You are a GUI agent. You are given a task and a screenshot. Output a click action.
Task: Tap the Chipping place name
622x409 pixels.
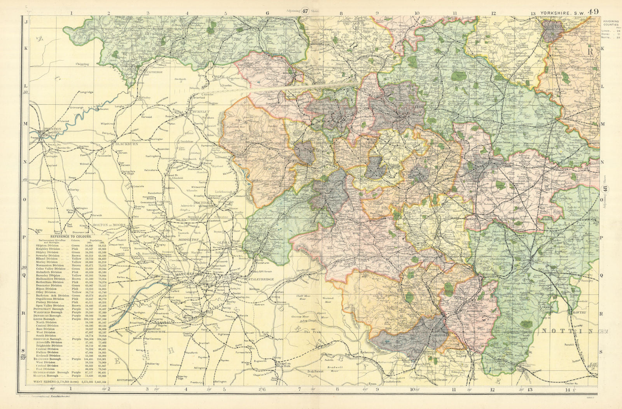point(82,64)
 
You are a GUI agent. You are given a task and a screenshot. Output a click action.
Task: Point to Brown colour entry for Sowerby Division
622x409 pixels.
point(76,256)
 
